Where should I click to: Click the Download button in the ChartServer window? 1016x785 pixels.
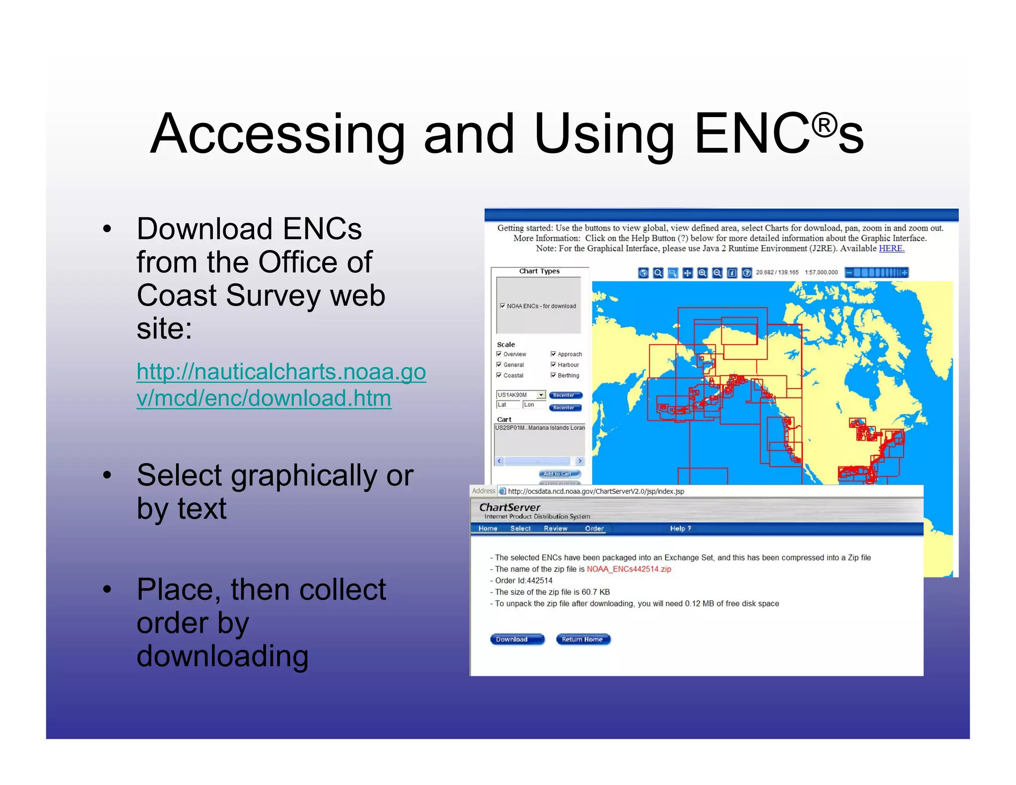tap(516, 639)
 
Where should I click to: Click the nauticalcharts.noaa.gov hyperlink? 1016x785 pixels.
tap(281, 385)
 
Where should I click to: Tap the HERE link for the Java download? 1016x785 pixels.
tap(891, 249)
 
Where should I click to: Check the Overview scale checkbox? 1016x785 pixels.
tap(499, 354)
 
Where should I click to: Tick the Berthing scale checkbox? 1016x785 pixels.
tap(553, 376)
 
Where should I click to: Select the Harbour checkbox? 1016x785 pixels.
tap(553, 365)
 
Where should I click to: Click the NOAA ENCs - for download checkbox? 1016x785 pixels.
tap(503, 306)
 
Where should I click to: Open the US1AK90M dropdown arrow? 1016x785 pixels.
tap(541, 395)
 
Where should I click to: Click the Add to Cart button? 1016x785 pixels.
tap(559, 474)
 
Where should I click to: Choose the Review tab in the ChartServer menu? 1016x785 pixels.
tap(555, 528)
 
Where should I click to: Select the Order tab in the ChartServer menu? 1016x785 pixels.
tap(594, 528)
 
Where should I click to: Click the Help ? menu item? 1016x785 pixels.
tap(680, 528)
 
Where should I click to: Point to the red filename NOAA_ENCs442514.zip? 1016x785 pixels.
tap(629, 569)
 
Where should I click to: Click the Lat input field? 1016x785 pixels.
tap(508, 405)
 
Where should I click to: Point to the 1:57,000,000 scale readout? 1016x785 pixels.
tap(821, 272)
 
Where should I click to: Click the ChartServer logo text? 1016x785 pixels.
tap(509, 507)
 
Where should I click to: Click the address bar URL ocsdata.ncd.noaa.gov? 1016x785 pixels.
tap(596, 491)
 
